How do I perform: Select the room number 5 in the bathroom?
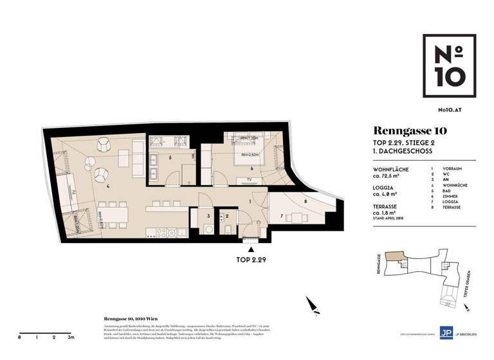coord(170,157)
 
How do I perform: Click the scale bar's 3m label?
coord(71,336)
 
